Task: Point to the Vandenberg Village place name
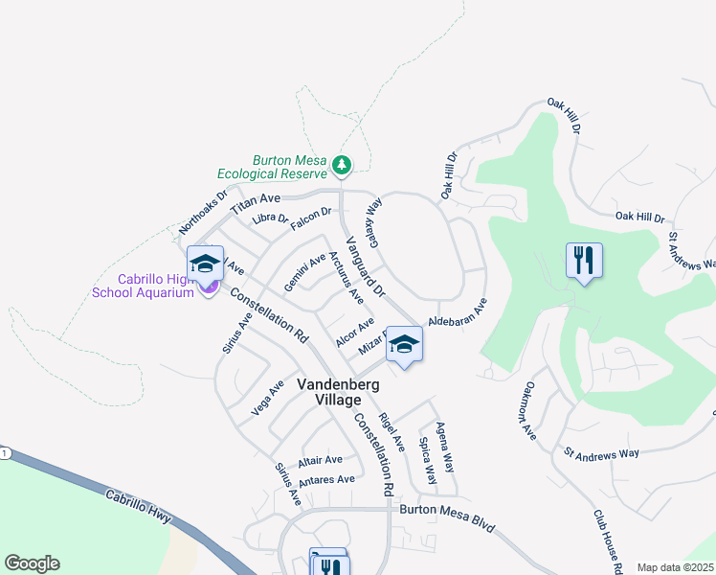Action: [x=342, y=391]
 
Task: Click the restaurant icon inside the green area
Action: [x=584, y=261]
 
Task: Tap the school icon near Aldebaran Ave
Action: [x=405, y=345]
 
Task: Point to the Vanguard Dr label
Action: [x=364, y=265]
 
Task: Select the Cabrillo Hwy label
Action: [x=138, y=505]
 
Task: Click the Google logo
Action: [x=32, y=563]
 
